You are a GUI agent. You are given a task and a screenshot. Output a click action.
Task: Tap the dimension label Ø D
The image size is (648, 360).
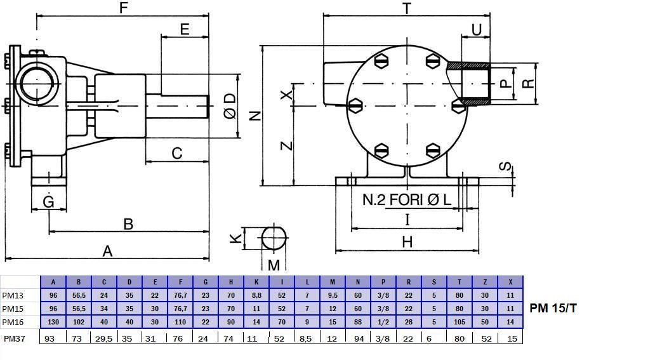point(230,106)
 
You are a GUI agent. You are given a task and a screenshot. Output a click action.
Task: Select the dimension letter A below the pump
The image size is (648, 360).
point(108,251)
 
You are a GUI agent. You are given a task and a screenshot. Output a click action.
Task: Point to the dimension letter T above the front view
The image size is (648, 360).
point(407,8)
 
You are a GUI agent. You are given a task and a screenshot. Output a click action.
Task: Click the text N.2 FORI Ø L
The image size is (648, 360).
point(407,199)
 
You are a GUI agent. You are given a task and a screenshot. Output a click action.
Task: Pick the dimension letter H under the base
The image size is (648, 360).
point(407,242)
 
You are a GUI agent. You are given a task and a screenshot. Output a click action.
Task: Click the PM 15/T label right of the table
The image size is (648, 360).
point(553,309)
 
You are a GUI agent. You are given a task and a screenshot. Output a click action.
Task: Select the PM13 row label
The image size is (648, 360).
point(13,295)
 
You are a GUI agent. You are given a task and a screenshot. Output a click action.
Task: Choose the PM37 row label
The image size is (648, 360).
point(15,338)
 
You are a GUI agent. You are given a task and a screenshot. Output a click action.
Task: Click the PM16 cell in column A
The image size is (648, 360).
point(53,322)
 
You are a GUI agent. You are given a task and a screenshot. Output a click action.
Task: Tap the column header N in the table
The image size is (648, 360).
point(358,282)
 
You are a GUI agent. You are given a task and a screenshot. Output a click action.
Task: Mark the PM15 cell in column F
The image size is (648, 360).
point(180,309)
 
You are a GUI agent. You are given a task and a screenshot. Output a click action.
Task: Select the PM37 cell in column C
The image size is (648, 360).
point(104,338)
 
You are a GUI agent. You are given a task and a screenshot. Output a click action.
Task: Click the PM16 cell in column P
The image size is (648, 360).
point(383,322)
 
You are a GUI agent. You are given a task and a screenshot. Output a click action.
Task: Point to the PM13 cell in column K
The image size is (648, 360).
point(256,295)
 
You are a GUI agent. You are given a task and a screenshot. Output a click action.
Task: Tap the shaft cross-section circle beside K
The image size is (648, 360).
point(274,239)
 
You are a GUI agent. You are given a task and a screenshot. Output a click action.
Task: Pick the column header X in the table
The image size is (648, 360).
point(510,282)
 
